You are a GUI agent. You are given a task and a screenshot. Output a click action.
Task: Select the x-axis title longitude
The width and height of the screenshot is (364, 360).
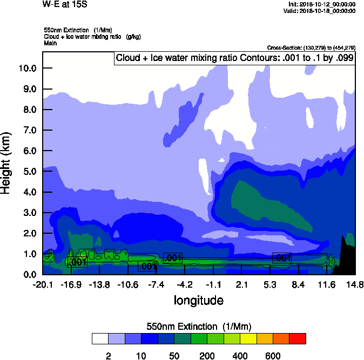click(x=198, y=300)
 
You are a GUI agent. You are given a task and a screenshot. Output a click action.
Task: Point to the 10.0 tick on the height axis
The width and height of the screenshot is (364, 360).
click(x=27, y=68)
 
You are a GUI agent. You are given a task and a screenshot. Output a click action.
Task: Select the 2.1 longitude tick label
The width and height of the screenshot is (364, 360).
click(x=242, y=284)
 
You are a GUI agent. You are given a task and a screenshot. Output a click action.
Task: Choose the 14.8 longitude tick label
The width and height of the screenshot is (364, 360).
click(x=354, y=284)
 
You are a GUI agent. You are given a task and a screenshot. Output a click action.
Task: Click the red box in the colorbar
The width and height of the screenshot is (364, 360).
click(x=298, y=338)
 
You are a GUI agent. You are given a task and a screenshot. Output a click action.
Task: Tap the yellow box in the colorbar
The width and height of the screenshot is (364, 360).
click(x=248, y=338)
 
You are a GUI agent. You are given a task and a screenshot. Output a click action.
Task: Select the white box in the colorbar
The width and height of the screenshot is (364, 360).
click(x=100, y=338)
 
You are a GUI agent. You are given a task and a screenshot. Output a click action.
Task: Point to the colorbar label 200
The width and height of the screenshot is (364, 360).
click(x=207, y=356)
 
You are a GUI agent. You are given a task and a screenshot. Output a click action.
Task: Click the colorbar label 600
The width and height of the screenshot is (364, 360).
click(x=273, y=356)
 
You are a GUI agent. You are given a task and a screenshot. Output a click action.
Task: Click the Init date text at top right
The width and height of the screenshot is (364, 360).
click(x=322, y=4)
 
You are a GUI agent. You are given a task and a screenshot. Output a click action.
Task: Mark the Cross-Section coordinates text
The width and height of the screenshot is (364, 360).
click(x=311, y=47)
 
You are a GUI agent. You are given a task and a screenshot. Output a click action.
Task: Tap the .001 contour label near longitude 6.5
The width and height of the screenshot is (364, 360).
click(x=282, y=258)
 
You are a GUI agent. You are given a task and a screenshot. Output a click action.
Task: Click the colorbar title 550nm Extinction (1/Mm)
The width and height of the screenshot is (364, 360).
click(x=199, y=326)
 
